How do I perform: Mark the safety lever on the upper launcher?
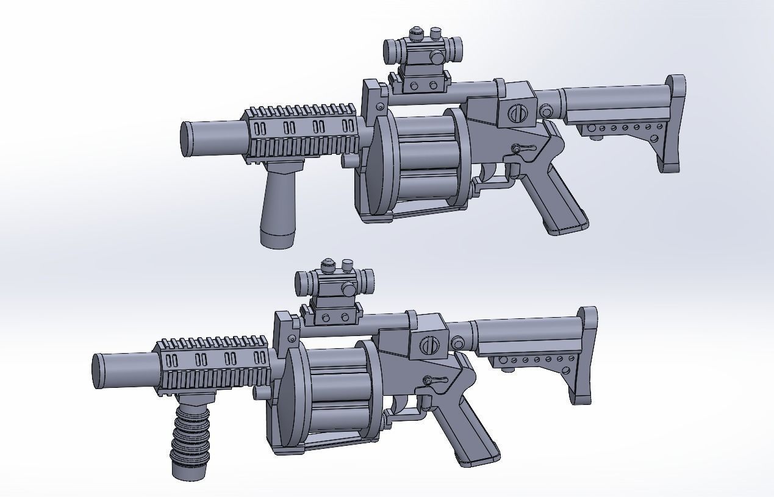tap(523, 148)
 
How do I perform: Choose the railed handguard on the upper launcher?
tap(302, 131)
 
